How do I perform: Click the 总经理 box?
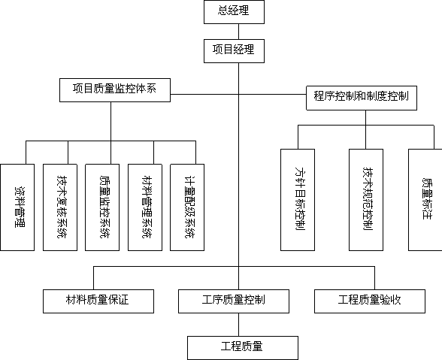click(234, 12)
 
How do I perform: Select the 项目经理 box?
click(234, 51)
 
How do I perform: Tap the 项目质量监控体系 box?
click(115, 90)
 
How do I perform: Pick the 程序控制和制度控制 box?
click(362, 98)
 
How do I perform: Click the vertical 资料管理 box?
click(17, 207)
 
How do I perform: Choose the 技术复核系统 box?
click(60, 207)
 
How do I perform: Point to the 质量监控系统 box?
click(102, 207)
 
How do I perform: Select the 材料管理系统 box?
click(145, 207)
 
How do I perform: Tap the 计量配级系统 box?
click(187, 207)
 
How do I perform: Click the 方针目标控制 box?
click(298, 200)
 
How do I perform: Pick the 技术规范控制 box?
click(366, 200)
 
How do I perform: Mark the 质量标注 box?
click(425, 200)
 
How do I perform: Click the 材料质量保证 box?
click(98, 301)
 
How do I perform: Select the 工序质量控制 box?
click(234, 301)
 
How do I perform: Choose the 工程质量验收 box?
click(370, 301)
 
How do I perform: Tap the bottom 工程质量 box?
click(243, 348)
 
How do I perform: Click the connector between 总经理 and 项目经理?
click(239, 32)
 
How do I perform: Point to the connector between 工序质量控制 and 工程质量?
click(239, 325)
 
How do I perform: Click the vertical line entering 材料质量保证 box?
click(93, 278)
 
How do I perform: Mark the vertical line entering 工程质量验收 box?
click(375, 278)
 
